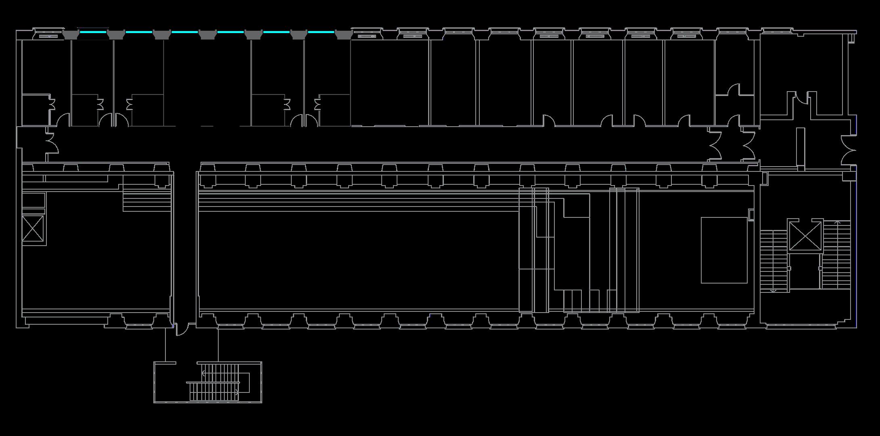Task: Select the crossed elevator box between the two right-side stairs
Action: [805, 236]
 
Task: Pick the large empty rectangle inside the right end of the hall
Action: [724, 250]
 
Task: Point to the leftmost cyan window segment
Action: [93, 31]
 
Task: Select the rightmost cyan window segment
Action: [321, 31]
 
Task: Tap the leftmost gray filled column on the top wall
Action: [71, 35]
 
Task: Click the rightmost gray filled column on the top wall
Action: [343, 35]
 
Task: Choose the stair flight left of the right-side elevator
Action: [773, 260]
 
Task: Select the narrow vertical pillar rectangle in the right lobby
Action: [801, 147]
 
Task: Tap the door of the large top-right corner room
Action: [802, 98]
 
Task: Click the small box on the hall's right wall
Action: [751, 215]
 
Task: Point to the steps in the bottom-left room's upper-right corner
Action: [147, 200]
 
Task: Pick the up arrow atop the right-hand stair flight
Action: [837, 222]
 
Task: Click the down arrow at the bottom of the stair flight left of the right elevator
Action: [773, 290]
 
